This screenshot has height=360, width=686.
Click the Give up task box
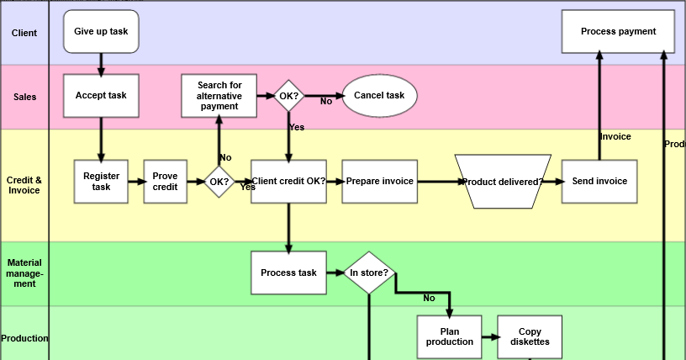(101, 31)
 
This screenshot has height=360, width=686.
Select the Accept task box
(101, 95)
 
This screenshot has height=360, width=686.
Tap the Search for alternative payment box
(219, 95)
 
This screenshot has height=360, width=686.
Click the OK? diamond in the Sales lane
(288, 96)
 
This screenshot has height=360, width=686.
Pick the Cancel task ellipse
(378, 95)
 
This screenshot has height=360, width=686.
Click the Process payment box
(618, 31)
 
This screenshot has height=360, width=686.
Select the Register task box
(101, 182)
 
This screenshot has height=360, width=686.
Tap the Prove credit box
(165, 182)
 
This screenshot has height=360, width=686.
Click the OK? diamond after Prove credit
(219, 181)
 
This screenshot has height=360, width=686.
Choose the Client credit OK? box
(288, 182)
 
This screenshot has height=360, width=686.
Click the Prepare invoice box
(379, 182)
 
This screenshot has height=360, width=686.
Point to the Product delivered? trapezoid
(503, 182)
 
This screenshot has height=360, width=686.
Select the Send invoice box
(599, 182)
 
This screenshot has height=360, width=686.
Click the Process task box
(288, 273)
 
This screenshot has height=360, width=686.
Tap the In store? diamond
(368, 273)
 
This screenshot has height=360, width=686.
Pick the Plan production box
(449, 336)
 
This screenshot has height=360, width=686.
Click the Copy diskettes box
(530, 336)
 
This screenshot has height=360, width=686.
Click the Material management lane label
(24, 273)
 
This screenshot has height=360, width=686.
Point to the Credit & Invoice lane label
(24, 185)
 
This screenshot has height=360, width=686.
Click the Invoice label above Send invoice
(615, 136)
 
